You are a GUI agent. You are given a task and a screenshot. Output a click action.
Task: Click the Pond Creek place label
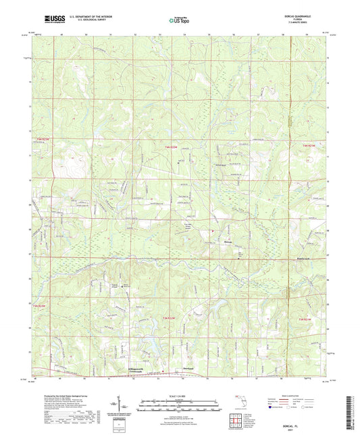[x=245, y=257]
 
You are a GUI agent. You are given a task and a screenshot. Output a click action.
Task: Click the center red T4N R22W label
[x=174, y=147]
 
